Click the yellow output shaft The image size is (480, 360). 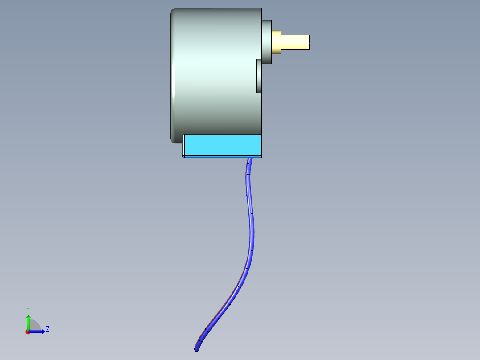coord(296,42)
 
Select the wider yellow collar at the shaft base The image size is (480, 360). coord(276,42)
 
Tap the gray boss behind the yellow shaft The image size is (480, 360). coord(266,42)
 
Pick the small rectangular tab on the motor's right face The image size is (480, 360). coord(259,76)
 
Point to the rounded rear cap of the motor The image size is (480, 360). coord(172,76)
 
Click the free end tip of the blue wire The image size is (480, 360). coord(197,349)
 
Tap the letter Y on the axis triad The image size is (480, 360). coord(28,309)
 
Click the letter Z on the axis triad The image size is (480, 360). coord(47,329)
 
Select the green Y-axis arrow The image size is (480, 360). coord(28,322)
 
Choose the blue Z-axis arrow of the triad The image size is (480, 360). coord(38,331)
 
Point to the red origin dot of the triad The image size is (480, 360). coord(28,332)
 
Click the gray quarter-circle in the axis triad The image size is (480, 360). coord(34,326)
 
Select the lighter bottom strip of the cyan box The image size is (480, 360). coord(223,156)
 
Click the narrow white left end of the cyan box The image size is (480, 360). coord(183,146)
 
